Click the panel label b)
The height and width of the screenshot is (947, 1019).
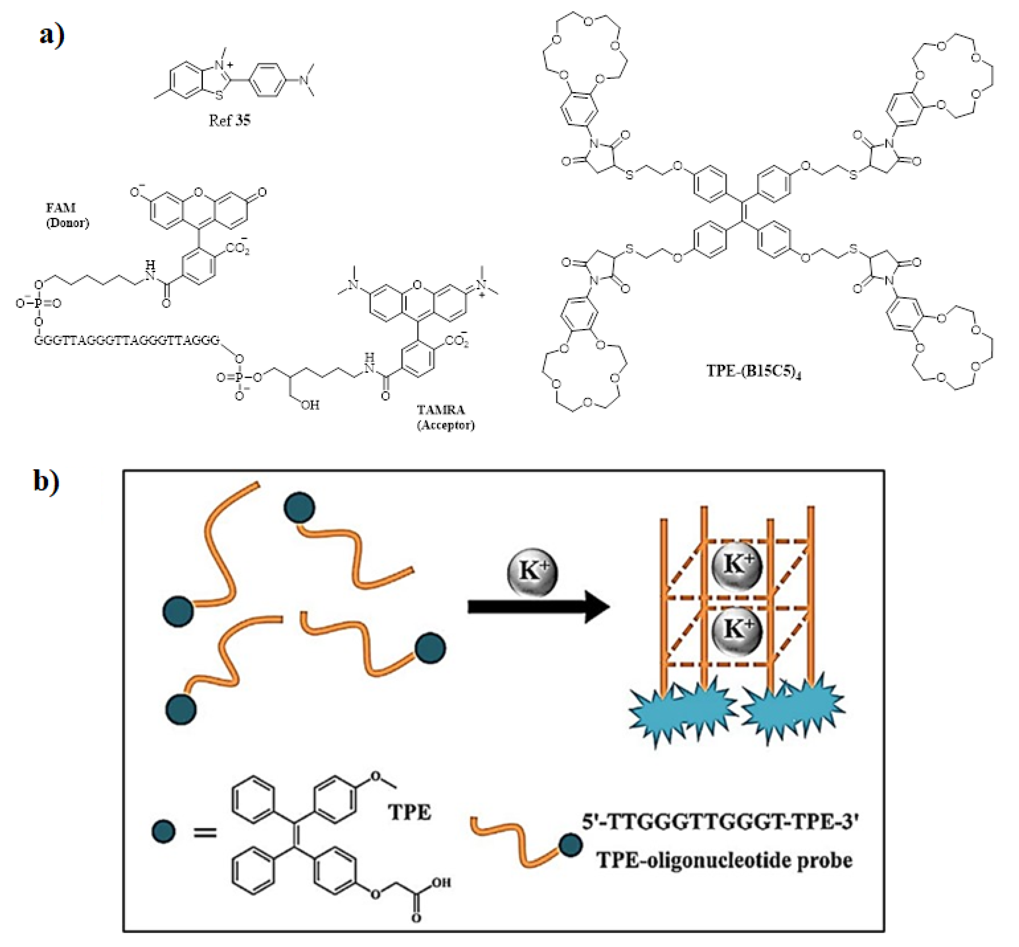tap(46, 480)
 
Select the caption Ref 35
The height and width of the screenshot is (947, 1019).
tap(229, 121)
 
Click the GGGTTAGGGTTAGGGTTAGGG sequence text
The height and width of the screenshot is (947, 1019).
tap(127, 340)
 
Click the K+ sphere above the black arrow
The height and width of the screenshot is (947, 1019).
tap(532, 572)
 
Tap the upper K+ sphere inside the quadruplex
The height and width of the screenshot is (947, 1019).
tap(737, 565)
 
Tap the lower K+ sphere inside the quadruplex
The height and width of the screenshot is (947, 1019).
tap(737, 629)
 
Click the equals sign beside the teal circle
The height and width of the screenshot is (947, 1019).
tap(205, 832)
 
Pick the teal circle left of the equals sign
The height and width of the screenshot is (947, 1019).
tap(164, 831)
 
